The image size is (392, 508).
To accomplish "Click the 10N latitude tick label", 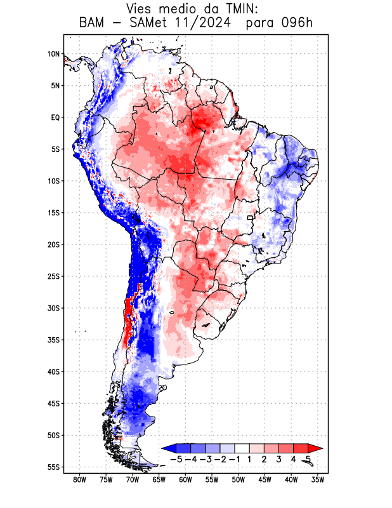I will [53, 54].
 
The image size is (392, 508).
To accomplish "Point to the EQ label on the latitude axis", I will [55, 117].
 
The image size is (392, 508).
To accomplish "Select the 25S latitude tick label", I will [53, 276].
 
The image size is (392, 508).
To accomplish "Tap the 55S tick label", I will [53, 467].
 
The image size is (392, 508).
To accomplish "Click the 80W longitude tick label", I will [79, 479].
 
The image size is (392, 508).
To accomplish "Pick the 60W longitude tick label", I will [185, 479].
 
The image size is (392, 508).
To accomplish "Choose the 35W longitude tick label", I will [318, 479].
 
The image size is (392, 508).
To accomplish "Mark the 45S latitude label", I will [53, 403].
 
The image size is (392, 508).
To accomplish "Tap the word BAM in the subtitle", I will [93, 23].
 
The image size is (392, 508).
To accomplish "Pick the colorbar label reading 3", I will [278, 458].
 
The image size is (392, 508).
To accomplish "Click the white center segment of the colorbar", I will [242, 448].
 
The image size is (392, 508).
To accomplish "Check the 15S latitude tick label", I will [53, 213].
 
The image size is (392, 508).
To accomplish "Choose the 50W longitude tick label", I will [238, 479].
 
